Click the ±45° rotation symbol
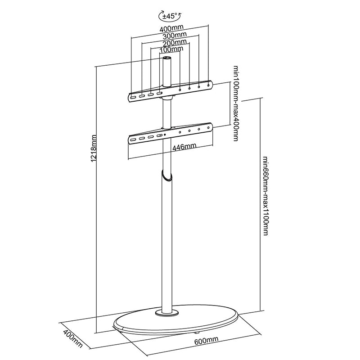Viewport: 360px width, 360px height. [170, 16]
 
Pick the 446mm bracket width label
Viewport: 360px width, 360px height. [184, 146]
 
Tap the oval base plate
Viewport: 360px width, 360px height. [175, 325]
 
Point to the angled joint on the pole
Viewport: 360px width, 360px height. [167, 175]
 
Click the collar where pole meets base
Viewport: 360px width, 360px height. [167, 312]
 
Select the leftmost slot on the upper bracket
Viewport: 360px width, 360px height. [133, 96]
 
